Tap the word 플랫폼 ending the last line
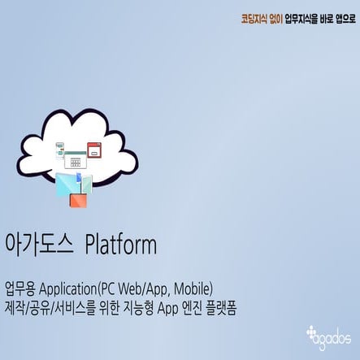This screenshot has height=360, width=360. pos(219,308)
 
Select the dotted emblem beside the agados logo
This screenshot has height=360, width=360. pos(312,332)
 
